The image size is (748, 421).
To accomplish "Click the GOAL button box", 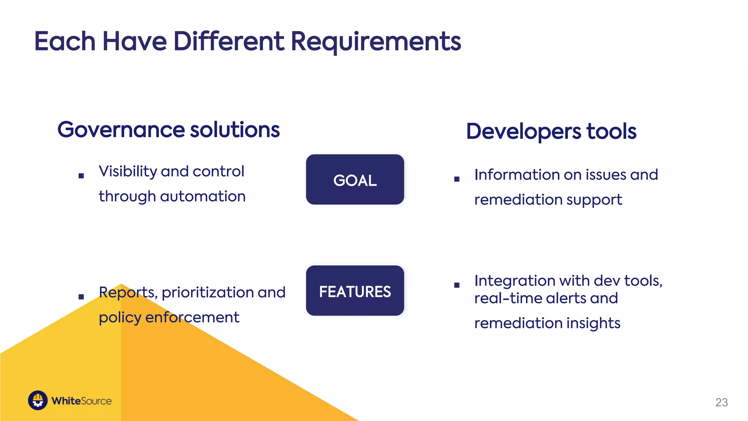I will coord(355,179).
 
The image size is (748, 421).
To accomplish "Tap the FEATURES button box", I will coord(355,291).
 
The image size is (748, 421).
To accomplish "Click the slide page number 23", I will coord(721,402).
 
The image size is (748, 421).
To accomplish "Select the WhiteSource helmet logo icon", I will coord(38,400).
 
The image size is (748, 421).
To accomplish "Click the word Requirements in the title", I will coord(376,42).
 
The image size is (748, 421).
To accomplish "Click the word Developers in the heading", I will coord(523,132).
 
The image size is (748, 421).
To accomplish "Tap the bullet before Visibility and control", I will coord(81,176).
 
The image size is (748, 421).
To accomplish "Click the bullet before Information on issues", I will coord(457,179).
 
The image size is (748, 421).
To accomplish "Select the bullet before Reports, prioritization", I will coord(81,297).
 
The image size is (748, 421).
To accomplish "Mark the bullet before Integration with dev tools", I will coord(457,285).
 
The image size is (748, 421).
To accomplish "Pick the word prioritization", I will coord(207,293).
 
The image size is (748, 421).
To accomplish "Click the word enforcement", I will coord(192,317).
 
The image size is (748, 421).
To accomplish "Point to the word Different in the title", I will coord(228,42).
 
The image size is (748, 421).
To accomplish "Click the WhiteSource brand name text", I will coord(81,401).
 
